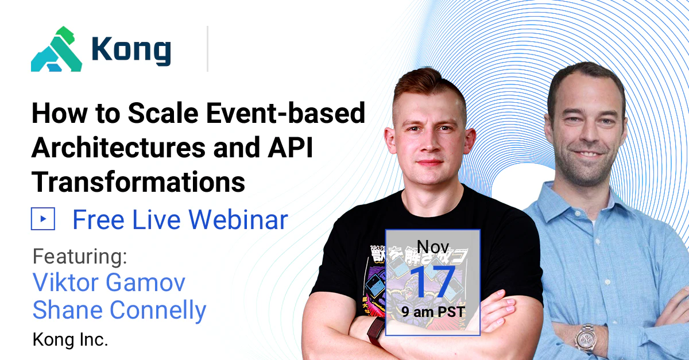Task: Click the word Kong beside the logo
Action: point(131,51)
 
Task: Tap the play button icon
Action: point(43,219)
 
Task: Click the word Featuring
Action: point(80,256)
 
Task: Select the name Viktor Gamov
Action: point(109,283)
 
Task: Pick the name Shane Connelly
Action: point(119,311)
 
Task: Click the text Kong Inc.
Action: point(70,339)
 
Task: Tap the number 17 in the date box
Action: point(433,282)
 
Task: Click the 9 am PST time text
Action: point(433,313)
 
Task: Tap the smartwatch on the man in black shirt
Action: point(376,331)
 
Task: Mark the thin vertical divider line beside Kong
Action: point(207,49)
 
